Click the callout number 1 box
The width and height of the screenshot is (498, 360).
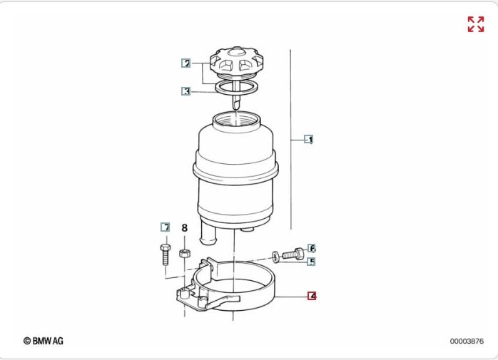pos(309,139)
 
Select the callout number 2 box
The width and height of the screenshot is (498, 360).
pos(186,63)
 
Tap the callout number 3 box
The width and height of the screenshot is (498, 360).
pos(186,91)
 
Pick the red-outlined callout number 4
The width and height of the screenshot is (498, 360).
pos(312,296)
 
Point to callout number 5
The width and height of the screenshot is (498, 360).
pos(312,262)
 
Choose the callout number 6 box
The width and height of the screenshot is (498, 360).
pos(312,248)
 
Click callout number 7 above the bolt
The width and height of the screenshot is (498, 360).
pos(165,227)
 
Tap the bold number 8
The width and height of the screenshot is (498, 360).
pos(185,228)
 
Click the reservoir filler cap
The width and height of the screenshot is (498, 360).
pos(237,63)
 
